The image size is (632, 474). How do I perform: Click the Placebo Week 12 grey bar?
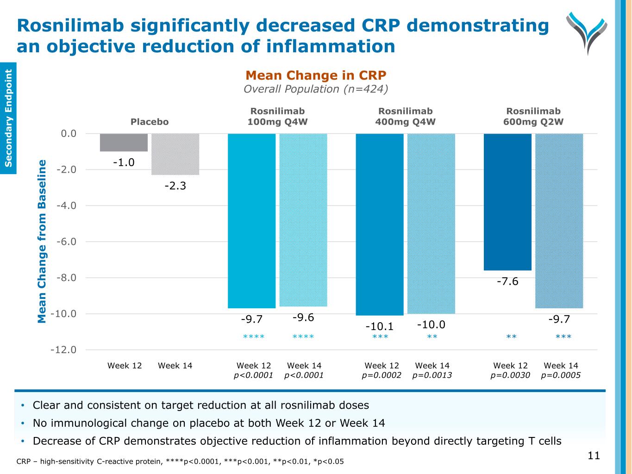click(124, 143)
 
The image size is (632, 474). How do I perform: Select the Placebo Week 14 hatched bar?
click(175, 154)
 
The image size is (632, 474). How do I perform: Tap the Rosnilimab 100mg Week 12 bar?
click(251, 221)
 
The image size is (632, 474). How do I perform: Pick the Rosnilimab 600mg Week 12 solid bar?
click(507, 202)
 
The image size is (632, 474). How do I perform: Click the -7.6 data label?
click(507, 281)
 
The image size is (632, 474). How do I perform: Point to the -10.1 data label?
click(380, 326)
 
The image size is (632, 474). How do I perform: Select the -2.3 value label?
click(175, 186)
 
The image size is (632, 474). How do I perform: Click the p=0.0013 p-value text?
click(432, 375)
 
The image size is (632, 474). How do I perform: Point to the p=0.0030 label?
click(510, 375)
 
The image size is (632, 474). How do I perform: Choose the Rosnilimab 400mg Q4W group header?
click(405, 117)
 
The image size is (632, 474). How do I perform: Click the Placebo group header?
click(150, 122)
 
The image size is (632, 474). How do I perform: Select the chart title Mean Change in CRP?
click(316, 75)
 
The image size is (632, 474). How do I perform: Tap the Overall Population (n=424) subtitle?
click(316, 89)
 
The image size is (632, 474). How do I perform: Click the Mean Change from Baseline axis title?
click(42, 241)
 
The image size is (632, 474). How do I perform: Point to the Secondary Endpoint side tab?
click(8, 118)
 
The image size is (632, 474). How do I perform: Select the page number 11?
click(594, 455)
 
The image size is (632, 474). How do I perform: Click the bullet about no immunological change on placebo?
click(209, 423)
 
